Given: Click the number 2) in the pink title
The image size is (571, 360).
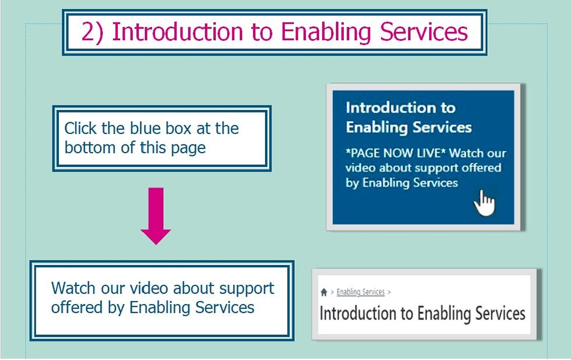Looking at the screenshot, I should pyautogui.click(x=93, y=32).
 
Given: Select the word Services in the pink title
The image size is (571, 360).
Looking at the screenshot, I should pyautogui.click(x=424, y=32).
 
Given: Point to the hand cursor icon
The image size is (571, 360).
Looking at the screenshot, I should pyautogui.click(x=484, y=203).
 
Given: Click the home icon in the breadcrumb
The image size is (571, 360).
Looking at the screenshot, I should pyautogui.click(x=324, y=292).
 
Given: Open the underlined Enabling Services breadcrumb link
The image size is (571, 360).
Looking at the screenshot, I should pyautogui.click(x=361, y=292).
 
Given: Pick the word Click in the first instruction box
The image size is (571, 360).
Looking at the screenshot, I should pyautogui.click(x=80, y=128).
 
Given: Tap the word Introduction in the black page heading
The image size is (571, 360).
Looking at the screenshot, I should pyautogui.click(x=357, y=313).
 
